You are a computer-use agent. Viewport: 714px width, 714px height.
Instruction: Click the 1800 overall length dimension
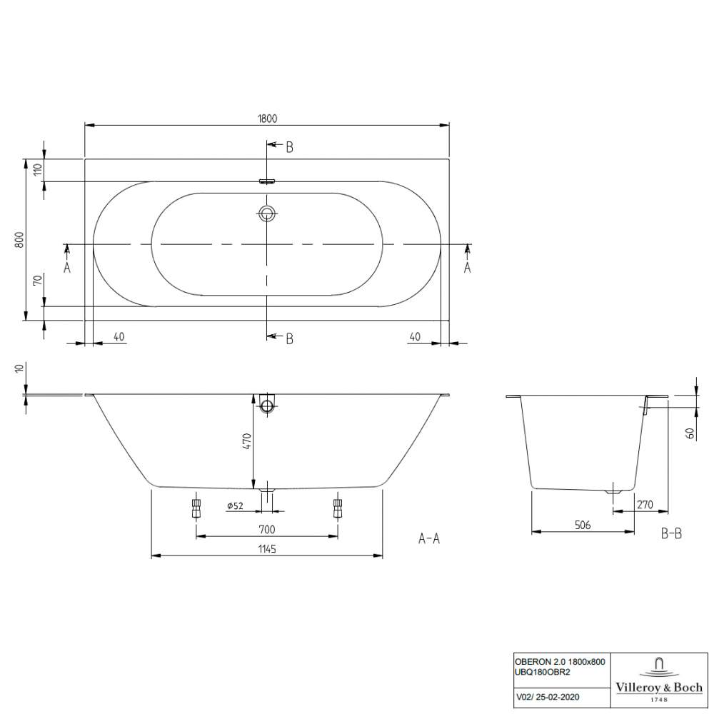[267, 119]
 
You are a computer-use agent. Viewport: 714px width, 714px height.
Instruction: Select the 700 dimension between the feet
[267, 529]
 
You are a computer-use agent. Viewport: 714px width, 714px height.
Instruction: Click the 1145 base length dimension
[267, 548]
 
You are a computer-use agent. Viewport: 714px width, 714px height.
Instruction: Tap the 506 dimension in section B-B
[583, 525]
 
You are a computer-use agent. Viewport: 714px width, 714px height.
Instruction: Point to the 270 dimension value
[645, 505]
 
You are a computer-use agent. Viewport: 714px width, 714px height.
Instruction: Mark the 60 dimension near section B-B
[690, 433]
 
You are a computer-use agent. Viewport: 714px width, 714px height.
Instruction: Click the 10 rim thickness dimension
[19, 369]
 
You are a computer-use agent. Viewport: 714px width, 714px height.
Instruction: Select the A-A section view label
[428, 539]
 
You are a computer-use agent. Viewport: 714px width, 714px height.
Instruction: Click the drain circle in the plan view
[267, 213]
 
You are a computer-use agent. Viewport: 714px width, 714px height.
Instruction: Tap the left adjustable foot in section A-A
[195, 508]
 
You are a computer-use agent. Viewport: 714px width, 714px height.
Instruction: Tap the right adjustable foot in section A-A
[337, 508]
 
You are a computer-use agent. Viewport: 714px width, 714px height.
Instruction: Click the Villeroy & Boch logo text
[659, 688]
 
